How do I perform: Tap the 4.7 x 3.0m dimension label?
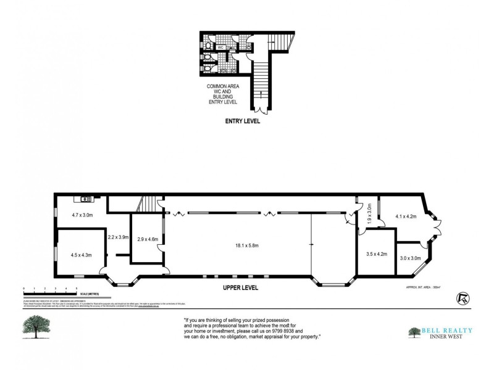click(78, 215)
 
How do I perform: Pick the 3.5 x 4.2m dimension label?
click(376, 253)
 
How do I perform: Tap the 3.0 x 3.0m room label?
click(411, 258)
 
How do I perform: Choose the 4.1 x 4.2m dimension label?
click(406, 216)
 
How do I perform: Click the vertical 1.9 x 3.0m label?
click(369, 214)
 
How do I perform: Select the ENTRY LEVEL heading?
click(242, 121)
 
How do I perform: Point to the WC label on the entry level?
click(221, 47)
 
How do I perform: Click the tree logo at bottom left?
click(36, 327)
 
